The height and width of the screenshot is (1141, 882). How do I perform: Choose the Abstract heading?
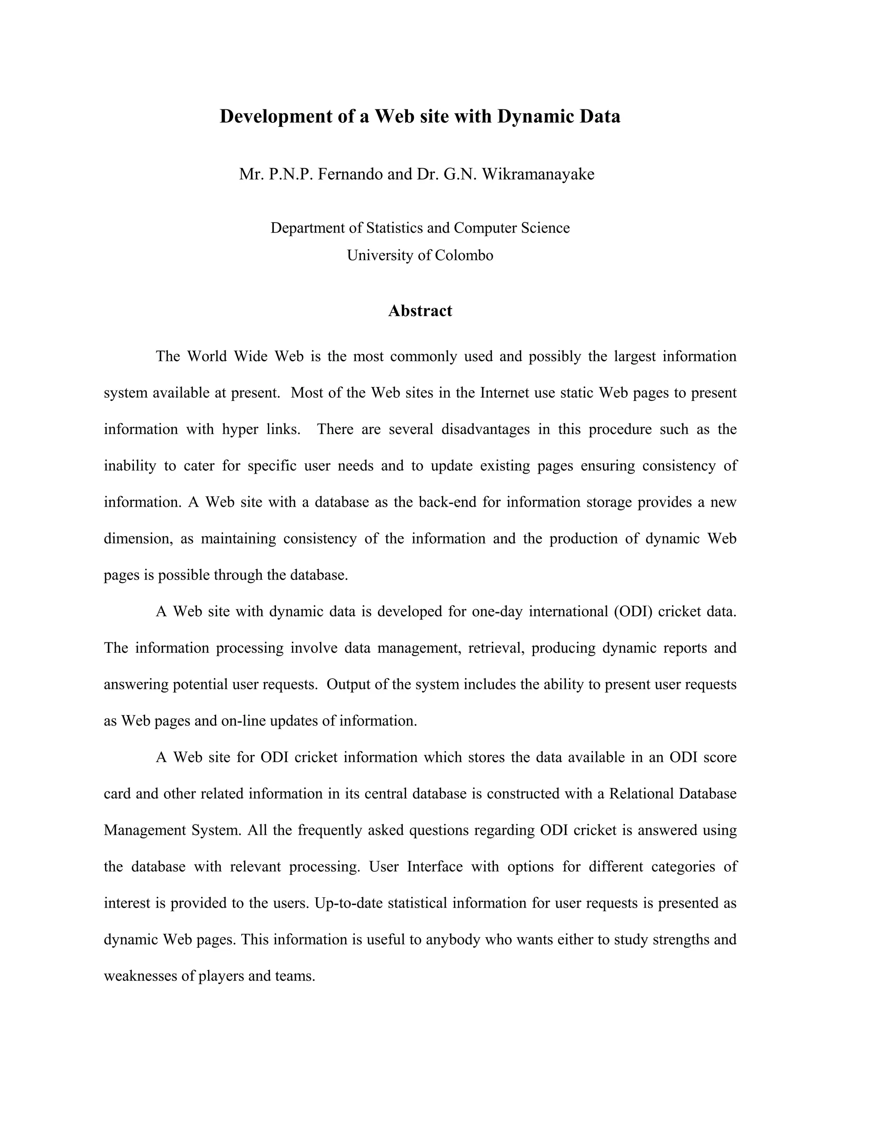[x=420, y=311]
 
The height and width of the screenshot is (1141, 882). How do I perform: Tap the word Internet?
[x=505, y=393]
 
